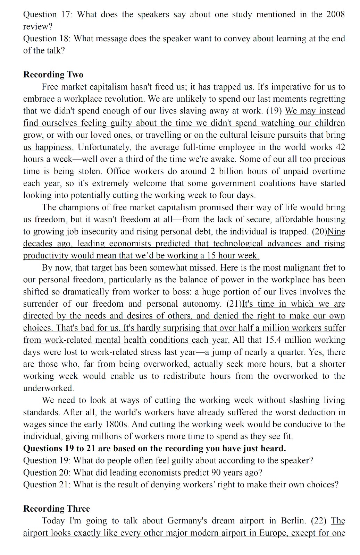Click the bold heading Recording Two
pos(53,75)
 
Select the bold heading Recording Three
pos(57,509)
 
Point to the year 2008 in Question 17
pos(335,15)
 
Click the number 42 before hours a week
pos(340,147)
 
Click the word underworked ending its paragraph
pos(48,388)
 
